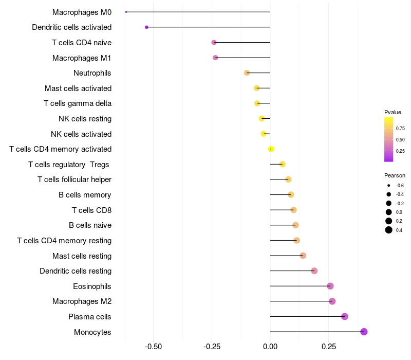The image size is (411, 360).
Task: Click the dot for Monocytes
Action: pos(364,332)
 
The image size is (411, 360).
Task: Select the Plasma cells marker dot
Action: pos(345,316)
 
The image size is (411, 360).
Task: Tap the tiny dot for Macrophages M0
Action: pos(126,12)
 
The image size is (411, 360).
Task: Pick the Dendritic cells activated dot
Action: pos(146,27)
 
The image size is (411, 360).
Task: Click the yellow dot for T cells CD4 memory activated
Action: pos(271,149)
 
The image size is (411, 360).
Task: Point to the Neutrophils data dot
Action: pos(247,73)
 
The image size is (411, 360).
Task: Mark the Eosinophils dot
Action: pos(330,286)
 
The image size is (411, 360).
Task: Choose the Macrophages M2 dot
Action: pos(332,301)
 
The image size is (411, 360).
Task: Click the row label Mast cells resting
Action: pos(82,256)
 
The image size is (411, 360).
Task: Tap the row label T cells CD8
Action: pos(91,210)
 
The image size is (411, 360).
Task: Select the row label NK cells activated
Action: pos(81,134)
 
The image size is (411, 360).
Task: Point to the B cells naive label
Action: pos(90,225)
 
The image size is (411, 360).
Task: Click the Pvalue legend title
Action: pos(393,112)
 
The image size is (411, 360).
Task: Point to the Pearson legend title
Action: pos(395,175)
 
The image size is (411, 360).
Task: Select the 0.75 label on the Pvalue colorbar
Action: pos(400,128)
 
